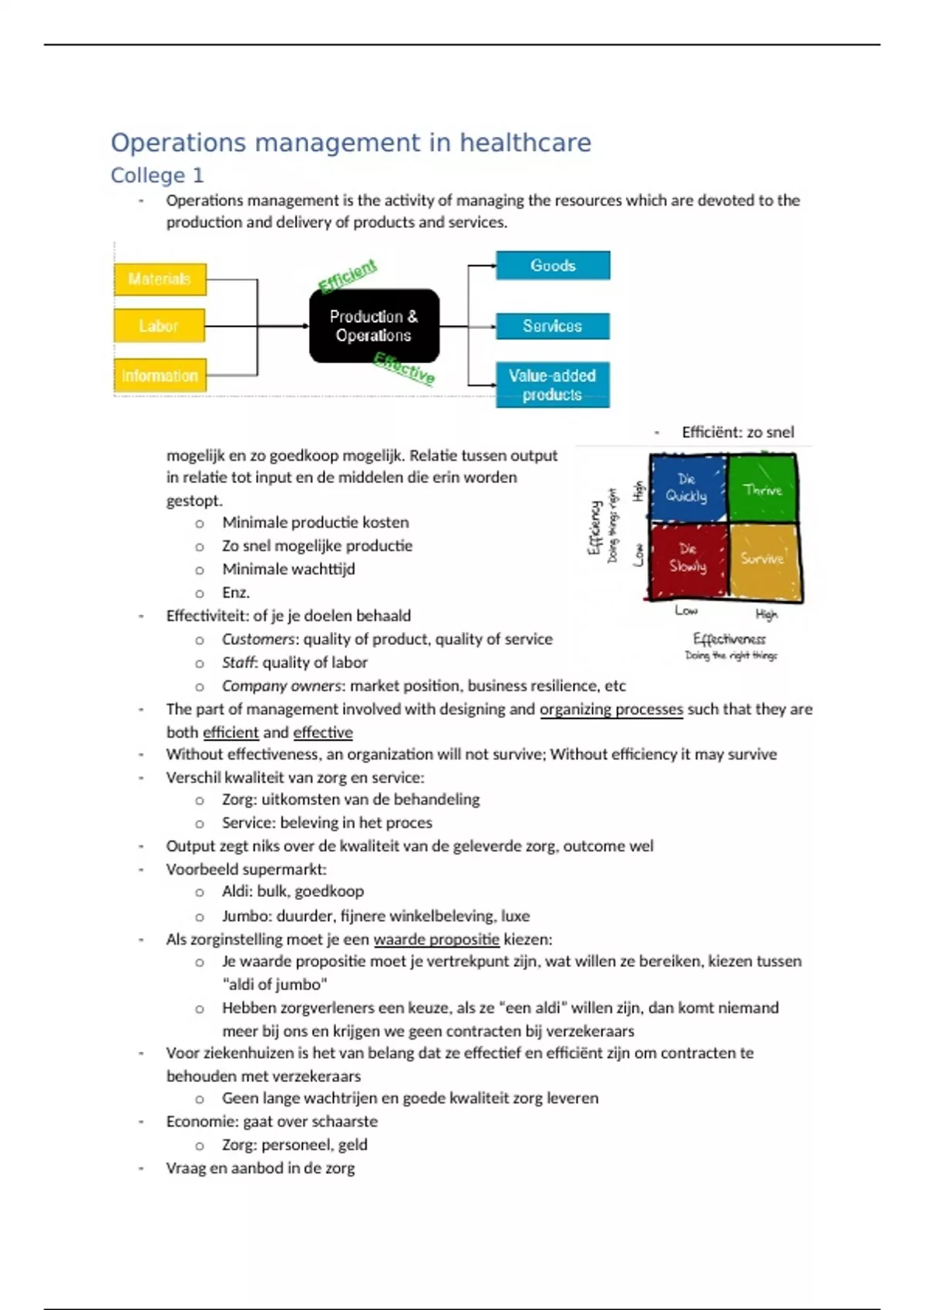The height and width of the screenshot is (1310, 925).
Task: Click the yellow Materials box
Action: click(x=160, y=279)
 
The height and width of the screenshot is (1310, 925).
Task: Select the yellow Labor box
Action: click(x=159, y=326)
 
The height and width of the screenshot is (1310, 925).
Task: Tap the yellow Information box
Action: click(x=160, y=376)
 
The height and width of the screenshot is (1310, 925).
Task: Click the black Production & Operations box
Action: click(x=374, y=326)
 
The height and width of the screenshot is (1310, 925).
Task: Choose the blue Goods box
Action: click(x=553, y=266)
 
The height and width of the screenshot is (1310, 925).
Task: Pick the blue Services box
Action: click(x=552, y=326)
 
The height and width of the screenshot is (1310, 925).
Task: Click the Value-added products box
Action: click(x=552, y=385)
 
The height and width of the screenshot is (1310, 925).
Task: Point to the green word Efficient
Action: click(x=348, y=275)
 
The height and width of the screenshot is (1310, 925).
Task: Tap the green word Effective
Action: click(x=404, y=368)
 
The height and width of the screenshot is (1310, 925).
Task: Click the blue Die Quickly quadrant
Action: click(x=687, y=488)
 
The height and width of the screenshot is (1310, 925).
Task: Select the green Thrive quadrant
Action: click(x=762, y=489)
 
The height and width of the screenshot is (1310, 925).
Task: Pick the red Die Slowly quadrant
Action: click(x=687, y=558)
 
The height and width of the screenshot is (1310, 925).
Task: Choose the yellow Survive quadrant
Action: click(x=762, y=558)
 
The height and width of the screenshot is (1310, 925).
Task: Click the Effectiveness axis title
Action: click(x=729, y=639)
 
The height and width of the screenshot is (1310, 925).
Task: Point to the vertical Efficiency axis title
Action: click(x=594, y=527)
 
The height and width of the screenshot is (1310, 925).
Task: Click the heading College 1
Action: click(x=157, y=176)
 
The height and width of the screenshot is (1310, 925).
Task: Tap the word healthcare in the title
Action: click(x=525, y=143)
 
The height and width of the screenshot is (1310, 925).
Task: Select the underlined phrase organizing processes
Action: click(x=610, y=709)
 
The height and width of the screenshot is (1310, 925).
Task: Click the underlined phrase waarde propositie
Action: click(x=436, y=939)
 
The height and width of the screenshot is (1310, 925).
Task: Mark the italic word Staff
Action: click(x=238, y=663)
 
